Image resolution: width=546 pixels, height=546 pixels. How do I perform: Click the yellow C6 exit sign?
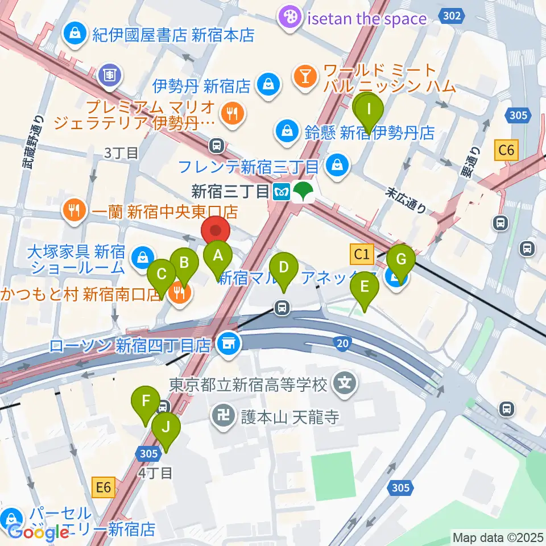tap(506, 151)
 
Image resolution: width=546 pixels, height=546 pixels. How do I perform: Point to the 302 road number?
tap(451, 16)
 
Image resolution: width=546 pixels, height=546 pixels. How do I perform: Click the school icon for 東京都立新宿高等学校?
tap(345, 385)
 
